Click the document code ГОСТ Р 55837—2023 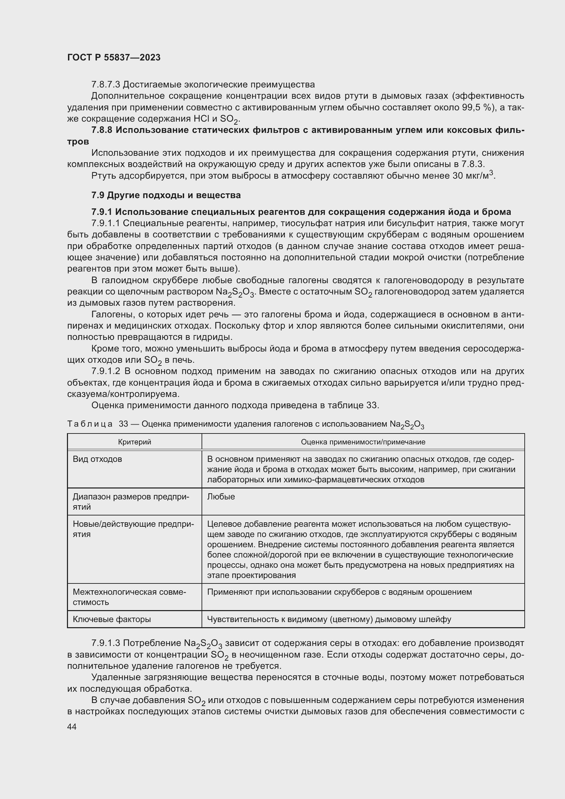114,57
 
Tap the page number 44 72,727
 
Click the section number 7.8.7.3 106,85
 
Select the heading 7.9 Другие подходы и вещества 166,195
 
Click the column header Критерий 134,442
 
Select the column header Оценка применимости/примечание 363,442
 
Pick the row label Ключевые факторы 112,619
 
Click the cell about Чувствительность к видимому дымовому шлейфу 329,619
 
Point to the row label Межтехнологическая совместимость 129,597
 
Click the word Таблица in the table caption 90,424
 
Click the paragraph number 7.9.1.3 106,643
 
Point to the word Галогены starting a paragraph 111,315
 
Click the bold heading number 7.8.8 102,130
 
